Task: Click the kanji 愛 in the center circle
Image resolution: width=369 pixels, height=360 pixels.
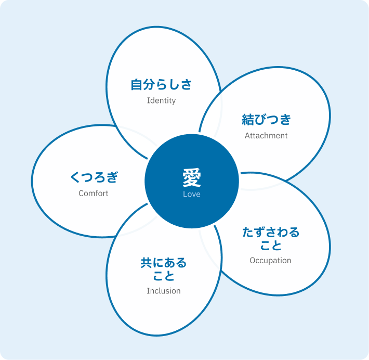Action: [192, 178]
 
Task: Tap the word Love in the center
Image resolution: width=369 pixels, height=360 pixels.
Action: [192, 194]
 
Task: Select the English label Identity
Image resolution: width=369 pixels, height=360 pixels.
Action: [161, 100]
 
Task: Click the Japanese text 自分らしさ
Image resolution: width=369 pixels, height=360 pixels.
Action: [161, 85]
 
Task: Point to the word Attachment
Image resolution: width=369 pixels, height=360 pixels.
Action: [266, 135]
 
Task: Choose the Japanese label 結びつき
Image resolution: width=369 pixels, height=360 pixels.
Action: [267, 120]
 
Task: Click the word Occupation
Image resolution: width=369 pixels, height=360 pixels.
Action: [270, 260]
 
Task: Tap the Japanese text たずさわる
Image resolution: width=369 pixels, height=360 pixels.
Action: [271, 232]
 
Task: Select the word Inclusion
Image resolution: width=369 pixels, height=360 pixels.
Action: [164, 291]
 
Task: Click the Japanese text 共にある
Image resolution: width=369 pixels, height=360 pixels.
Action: [164, 263]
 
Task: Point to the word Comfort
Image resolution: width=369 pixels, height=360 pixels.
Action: [94, 194]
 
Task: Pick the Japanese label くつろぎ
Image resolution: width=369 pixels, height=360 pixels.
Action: [94, 177]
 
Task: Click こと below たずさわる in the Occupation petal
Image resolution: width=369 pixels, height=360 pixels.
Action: [271, 246]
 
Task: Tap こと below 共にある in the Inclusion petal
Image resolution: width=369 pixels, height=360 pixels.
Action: [164, 276]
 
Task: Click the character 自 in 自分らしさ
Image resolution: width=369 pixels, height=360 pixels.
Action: [137, 85]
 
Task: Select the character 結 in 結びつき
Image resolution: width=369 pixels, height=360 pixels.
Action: [248, 120]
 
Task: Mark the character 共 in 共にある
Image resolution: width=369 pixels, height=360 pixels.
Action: [146, 263]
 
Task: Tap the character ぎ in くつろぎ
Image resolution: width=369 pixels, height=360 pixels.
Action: [112, 177]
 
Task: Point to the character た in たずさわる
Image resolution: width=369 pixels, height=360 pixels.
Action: [248, 232]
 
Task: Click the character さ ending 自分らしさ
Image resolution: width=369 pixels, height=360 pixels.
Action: [186, 85]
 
